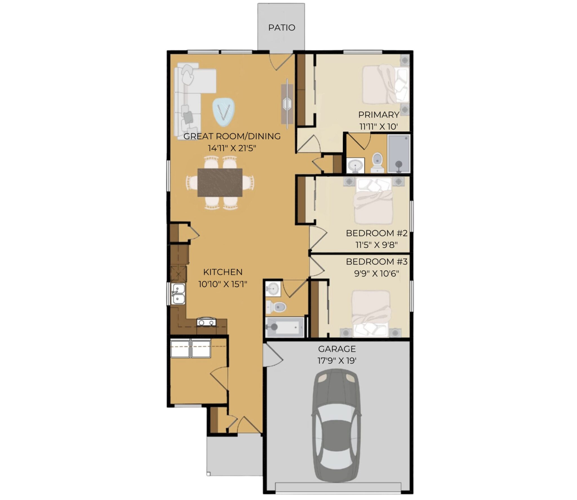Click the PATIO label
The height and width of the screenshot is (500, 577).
(x=281, y=28)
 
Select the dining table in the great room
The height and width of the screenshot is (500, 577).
(x=220, y=182)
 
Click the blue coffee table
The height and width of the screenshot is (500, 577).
(x=224, y=112)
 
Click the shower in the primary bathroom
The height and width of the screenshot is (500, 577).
(x=399, y=154)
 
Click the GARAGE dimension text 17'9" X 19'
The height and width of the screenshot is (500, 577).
(x=337, y=361)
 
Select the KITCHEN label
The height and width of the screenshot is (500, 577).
(x=223, y=272)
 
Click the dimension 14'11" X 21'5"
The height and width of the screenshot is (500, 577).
(x=232, y=148)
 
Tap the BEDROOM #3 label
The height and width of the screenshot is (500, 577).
(x=377, y=261)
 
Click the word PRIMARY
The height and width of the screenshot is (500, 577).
(x=379, y=115)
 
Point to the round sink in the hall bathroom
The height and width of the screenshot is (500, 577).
(x=273, y=288)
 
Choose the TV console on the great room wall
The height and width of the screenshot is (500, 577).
(x=287, y=104)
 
